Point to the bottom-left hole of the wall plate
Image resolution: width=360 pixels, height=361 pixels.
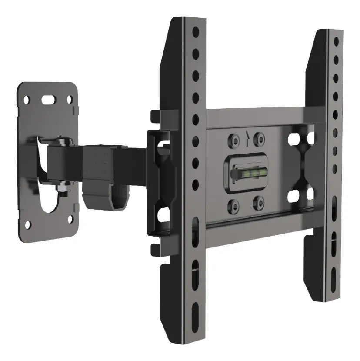(28, 225)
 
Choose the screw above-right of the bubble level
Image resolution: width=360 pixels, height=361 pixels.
(260, 139)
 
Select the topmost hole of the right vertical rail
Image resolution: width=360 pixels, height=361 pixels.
(336, 41)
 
